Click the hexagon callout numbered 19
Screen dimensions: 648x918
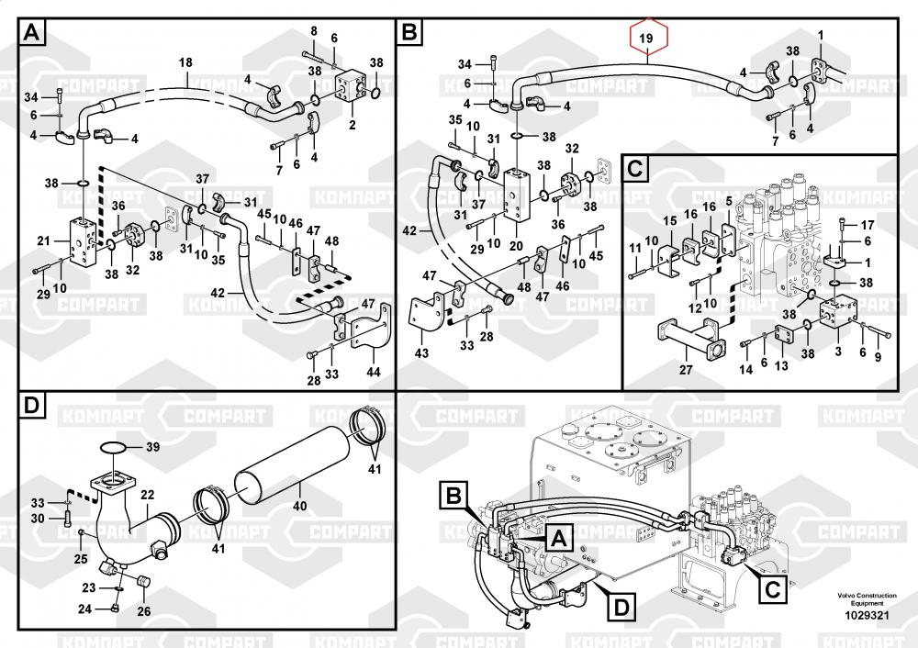pos(646,39)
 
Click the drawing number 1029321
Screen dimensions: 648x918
pos(867,615)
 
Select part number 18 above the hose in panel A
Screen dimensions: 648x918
pos(185,62)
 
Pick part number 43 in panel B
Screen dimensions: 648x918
pos(421,352)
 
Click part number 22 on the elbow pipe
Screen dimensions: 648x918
pos(146,497)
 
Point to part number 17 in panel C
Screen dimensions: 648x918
pos(867,225)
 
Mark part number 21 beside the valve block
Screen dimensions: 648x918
pos(42,240)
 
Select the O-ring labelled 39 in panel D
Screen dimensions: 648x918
pos(115,448)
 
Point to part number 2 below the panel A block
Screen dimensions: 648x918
pos(352,124)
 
